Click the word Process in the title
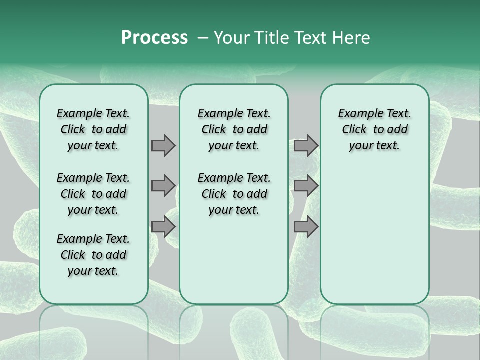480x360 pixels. (154, 37)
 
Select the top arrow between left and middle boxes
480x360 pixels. (163, 145)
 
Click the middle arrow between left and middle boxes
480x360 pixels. (163, 186)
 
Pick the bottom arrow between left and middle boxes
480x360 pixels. (163, 227)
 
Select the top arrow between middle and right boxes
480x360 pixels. (306, 145)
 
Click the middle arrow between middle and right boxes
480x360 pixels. (306, 186)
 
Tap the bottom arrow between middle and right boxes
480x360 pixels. (306, 227)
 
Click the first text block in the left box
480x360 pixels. (93, 129)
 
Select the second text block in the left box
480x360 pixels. (93, 194)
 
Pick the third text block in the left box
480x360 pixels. (93, 255)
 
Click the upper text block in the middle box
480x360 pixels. (234, 129)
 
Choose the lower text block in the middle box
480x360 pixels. (234, 194)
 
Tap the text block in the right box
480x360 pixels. (374, 129)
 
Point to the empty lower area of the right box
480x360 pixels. (374, 235)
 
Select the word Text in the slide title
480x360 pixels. (309, 37)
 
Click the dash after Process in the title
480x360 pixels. (203, 37)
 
